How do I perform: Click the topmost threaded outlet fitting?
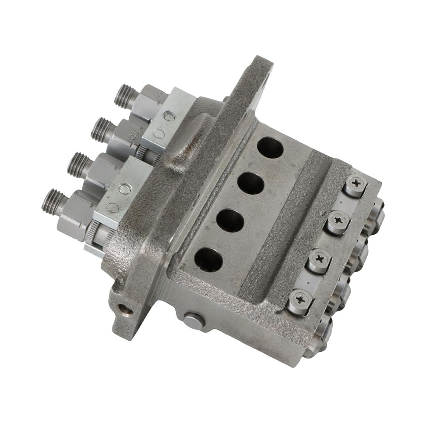tap(123, 96)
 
